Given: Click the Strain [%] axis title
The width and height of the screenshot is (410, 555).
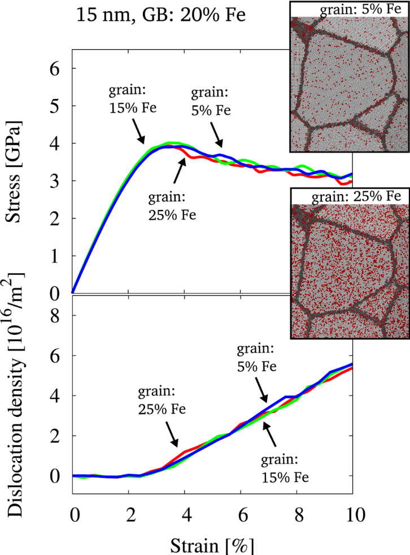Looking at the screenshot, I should click(210, 544).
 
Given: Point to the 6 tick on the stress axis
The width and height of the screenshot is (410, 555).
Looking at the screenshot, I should click(55, 69).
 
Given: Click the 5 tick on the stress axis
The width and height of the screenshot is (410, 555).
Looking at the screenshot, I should click(55, 106).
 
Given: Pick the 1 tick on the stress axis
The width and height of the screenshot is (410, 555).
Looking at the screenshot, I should click(55, 256).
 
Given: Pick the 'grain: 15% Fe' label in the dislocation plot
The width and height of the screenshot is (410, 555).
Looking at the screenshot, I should click(286, 468).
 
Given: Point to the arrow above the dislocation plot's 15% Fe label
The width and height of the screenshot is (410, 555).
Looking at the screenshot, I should click(271, 437).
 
